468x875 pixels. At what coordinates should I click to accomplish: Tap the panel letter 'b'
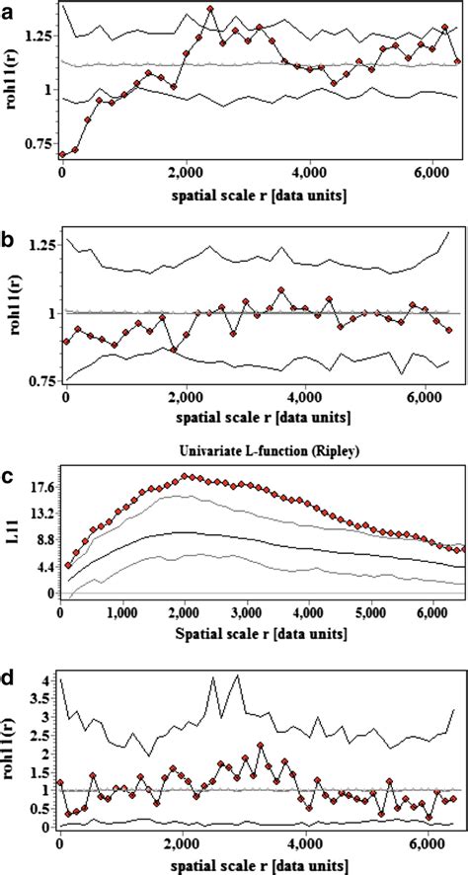pyautogui.click(x=9, y=237)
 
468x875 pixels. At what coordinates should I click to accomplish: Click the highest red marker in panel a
pyautogui.click(x=210, y=9)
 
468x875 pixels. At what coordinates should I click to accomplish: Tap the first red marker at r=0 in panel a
pyautogui.click(x=62, y=154)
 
